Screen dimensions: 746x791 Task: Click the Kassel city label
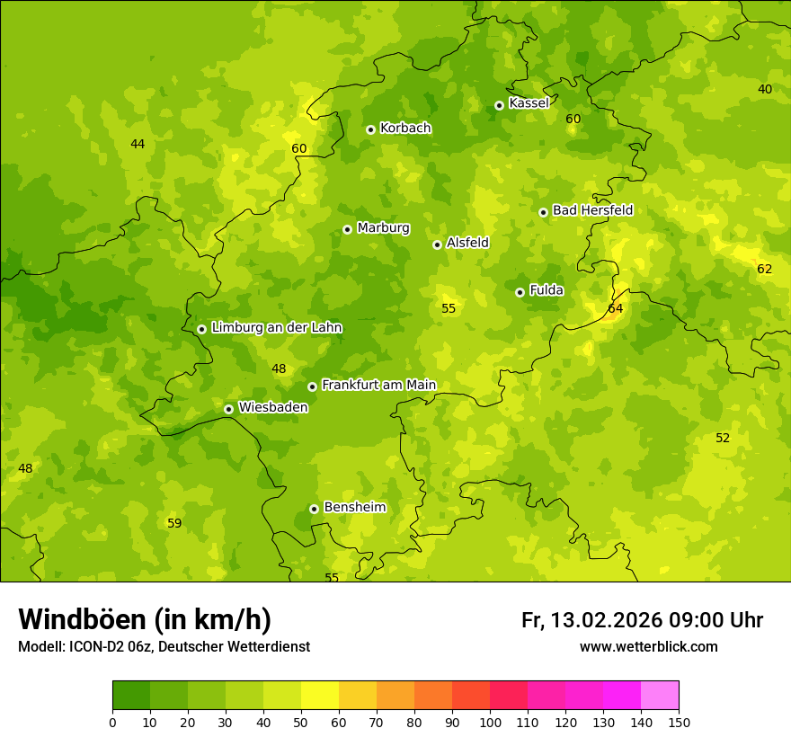pos(529,103)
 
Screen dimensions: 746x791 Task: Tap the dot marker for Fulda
pos(520,292)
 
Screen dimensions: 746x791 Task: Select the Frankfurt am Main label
pos(378,386)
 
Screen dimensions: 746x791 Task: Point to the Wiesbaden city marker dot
pos(228,409)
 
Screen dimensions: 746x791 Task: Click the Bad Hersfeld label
pos(592,210)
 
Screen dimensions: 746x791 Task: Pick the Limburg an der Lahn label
pos(276,328)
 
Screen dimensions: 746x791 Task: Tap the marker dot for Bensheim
pos(314,509)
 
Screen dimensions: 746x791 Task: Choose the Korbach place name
pos(405,129)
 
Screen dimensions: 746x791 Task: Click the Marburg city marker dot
pos(347,229)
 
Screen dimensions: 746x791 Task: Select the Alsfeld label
pos(467,243)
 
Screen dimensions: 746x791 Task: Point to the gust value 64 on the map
pos(615,309)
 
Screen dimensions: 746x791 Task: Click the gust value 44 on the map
pos(138,145)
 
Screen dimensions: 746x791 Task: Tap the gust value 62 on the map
pos(764,270)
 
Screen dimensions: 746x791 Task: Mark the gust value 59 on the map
pos(174,524)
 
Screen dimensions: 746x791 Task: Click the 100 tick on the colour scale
pos(490,722)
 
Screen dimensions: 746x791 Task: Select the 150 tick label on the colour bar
pos(679,722)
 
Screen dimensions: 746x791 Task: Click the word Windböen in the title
pos(81,619)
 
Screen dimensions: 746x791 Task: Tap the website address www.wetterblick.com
pos(648,647)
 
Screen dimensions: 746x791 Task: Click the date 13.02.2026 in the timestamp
pos(605,620)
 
